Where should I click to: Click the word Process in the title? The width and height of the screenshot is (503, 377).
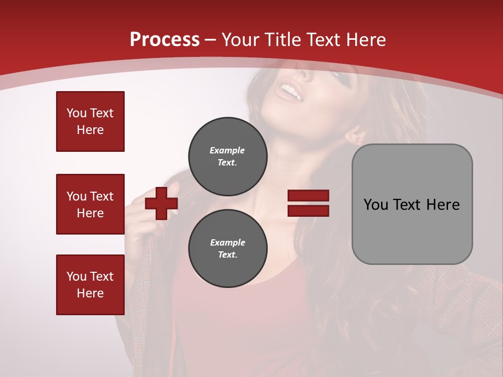pyautogui.click(x=165, y=40)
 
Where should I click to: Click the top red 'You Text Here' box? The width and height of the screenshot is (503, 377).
pyautogui.click(x=90, y=121)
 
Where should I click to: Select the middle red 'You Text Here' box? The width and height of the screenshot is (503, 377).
pyautogui.click(x=90, y=204)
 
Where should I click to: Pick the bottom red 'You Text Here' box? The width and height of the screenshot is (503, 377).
pyautogui.click(x=90, y=285)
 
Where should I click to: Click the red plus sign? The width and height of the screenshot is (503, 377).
pyautogui.click(x=161, y=203)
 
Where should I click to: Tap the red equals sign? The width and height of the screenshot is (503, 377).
pyautogui.click(x=309, y=203)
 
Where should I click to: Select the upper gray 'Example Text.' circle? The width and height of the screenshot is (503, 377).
pyautogui.click(x=228, y=156)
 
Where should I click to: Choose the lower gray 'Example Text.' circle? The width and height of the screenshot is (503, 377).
pyautogui.click(x=228, y=248)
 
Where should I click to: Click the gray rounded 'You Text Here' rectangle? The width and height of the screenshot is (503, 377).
pyautogui.click(x=412, y=204)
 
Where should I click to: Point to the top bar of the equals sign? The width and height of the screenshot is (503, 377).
pyautogui.click(x=309, y=196)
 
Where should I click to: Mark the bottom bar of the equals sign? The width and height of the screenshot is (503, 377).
pyautogui.click(x=309, y=210)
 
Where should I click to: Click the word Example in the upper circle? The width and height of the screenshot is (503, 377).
pyautogui.click(x=227, y=150)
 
